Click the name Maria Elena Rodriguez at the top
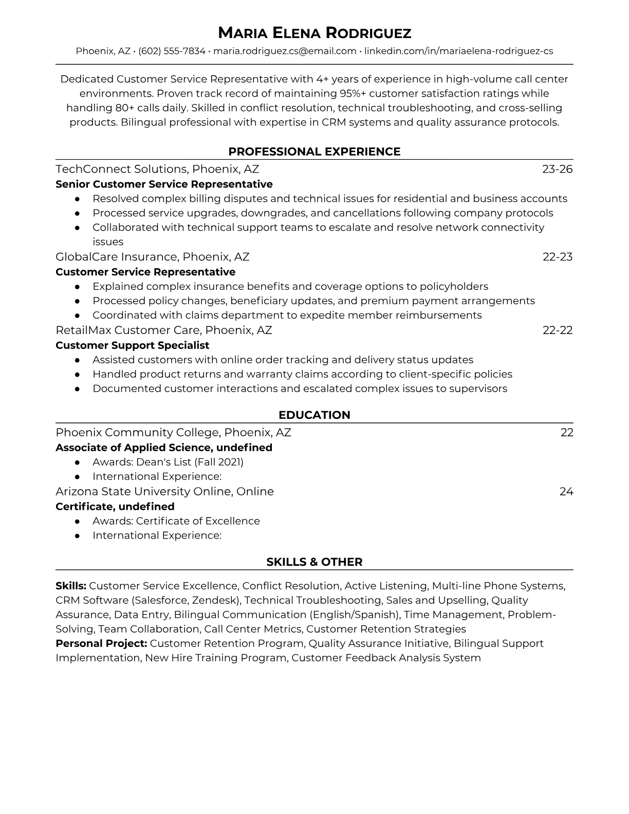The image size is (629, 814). pyautogui.click(x=314, y=33)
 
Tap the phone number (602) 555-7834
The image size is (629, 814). pyautogui.click(x=172, y=51)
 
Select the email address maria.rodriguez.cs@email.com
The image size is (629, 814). pyautogui.click(x=285, y=51)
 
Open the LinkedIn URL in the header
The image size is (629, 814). pyautogui.click(x=458, y=51)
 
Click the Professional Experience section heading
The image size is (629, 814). pyautogui.click(x=314, y=152)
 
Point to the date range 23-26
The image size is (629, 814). pyautogui.click(x=557, y=169)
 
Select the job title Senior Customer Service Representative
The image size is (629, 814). pyautogui.click(x=164, y=184)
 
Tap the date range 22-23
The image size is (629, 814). pyautogui.click(x=558, y=257)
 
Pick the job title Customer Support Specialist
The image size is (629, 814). pyautogui.click(x=133, y=345)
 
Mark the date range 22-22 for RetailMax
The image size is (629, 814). pyautogui.click(x=558, y=330)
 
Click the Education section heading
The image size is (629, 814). pyautogui.click(x=314, y=415)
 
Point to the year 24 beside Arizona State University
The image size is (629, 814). pyautogui.click(x=566, y=492)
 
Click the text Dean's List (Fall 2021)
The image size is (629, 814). pyautogui.click(x=190, y=462)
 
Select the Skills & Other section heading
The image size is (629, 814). pyautogui.click(x=314, y=562)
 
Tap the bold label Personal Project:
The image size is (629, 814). pyautogui.click(x=101, y=643)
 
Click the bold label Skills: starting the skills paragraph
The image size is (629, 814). pyautogui.click(x=71, y=586)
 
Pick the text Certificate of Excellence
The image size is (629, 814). pyautogui.click(x=198, y=521)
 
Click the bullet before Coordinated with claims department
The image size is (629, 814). pyautogui.click(x=77, y=316)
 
